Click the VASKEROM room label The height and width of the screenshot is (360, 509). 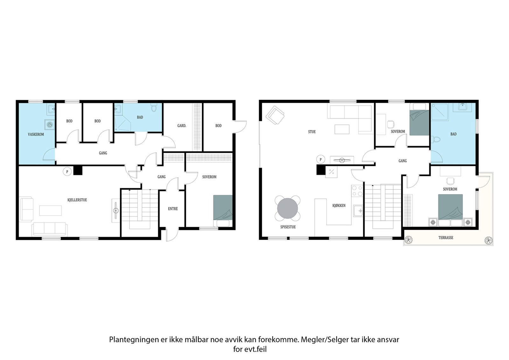[36, 135]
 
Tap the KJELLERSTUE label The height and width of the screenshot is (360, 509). [77, 200]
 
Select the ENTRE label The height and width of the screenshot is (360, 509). [173, 209]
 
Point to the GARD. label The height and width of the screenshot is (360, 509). [182, 126]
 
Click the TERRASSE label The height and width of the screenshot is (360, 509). [446, 238]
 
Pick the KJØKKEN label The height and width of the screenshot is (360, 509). [339, 205]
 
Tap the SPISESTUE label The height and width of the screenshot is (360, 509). [288, 227]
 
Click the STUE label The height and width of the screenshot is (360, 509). [312, 132]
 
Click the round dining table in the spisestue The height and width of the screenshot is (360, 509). [288, 208]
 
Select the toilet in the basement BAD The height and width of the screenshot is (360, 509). [154, 108]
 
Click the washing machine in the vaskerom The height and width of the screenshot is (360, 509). [50, 125]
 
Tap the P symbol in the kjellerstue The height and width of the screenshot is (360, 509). [67, 172]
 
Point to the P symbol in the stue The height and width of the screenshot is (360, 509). [321, 160]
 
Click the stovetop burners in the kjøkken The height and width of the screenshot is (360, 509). [357, 191]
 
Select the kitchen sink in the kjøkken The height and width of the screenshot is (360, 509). [358, 211]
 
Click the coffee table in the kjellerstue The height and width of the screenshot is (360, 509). [50, 211]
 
